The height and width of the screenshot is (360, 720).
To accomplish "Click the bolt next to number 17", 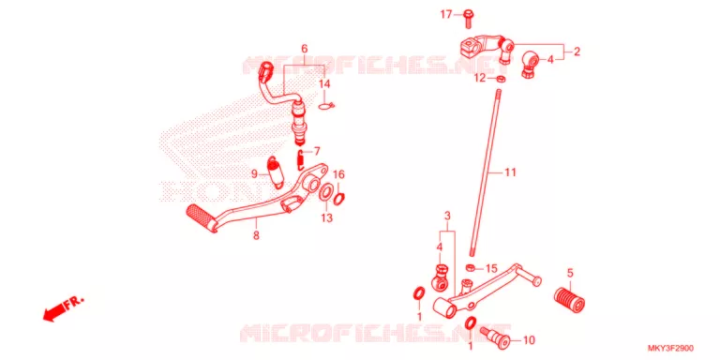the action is [x=469, y=18].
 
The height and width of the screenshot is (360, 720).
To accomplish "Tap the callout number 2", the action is [x=577, y=52].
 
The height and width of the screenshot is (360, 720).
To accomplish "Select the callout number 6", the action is [x=304, y=49].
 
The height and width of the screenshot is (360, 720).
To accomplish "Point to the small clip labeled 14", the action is [x=326, y=107].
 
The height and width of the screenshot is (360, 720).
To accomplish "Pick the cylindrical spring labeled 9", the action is [x=276, y=172].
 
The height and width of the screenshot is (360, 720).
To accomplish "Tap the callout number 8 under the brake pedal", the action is [x=256, y=236].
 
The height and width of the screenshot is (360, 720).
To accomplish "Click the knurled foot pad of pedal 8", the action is [x=202, y=218].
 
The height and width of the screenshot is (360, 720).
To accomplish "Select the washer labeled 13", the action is [x=326, y=191].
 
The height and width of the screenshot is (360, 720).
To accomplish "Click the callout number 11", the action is [x=510, y=172].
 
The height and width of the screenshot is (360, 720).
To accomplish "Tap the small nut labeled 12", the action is [x=502, y=79].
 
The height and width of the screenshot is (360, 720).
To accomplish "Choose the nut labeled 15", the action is [x=471, y=267].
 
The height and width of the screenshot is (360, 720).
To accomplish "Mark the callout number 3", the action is [x=447, y=216].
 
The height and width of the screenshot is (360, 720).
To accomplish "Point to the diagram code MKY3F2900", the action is [x=671, y=349].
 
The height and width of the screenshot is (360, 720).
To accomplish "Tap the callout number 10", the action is [x=529, y=340].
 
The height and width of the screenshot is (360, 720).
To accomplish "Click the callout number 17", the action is [x=446, y=15].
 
